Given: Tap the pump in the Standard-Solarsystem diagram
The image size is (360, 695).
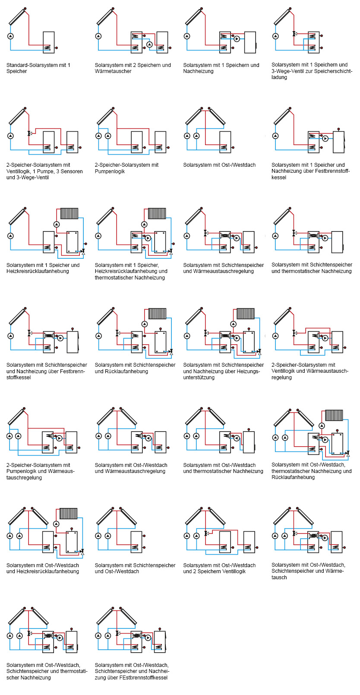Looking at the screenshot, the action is [10, 36].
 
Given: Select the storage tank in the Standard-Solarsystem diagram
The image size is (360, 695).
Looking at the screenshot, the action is [48, 42].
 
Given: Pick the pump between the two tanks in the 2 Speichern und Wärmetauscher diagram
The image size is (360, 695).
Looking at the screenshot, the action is [149, 44].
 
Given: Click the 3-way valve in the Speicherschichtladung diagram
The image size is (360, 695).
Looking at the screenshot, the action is [294, 34].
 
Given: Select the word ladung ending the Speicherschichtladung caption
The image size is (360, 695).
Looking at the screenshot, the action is [279, 78].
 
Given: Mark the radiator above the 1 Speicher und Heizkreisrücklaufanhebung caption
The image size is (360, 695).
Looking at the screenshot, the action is [69, 213].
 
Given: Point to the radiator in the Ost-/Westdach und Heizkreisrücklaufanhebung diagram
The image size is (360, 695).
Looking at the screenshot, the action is [68, 514].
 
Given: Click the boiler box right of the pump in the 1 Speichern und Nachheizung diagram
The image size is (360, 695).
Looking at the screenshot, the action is [250, 42].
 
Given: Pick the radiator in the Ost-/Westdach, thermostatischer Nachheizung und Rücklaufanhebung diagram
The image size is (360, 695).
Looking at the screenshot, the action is [334, 415].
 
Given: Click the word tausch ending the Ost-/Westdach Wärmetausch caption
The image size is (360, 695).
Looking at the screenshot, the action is [279, 578].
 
